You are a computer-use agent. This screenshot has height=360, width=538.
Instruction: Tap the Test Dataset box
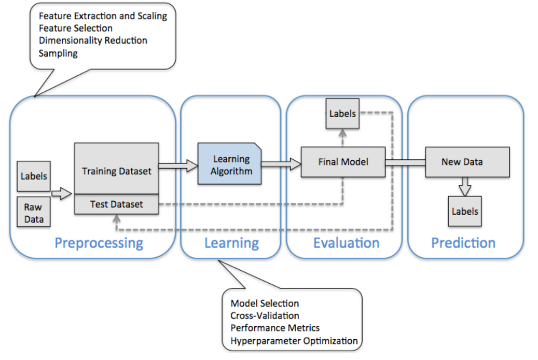(x=117, y=204)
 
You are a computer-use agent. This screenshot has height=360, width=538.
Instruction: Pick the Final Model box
(x=343, y=162)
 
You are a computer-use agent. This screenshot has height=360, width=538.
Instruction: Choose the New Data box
(x=462, y=162)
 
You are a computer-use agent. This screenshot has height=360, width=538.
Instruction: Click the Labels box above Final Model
(x=342, y=113)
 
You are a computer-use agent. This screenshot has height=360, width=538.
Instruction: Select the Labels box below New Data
(x=465, y=212)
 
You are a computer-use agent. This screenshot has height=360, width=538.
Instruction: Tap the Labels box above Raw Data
(x=34, y=176)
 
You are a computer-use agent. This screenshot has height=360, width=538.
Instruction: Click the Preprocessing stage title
(x=99, y=243)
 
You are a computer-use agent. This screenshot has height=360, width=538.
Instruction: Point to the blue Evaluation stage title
(x=346, y=243)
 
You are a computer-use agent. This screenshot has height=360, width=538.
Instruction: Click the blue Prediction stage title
(x=463, y=243)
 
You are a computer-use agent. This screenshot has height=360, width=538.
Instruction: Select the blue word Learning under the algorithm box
(x=231, y=243)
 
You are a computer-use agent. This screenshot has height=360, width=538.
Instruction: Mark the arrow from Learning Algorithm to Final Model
(x=281, y=164)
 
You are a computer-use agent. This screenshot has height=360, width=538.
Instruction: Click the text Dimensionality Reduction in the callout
(x=93, y=40)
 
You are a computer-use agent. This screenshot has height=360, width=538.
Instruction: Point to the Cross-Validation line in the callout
(x=265, y=315)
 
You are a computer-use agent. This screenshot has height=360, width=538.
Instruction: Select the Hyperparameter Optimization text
(x=294, y=341)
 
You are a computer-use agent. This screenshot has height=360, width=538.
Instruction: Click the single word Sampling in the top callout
(x=58, y=53)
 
